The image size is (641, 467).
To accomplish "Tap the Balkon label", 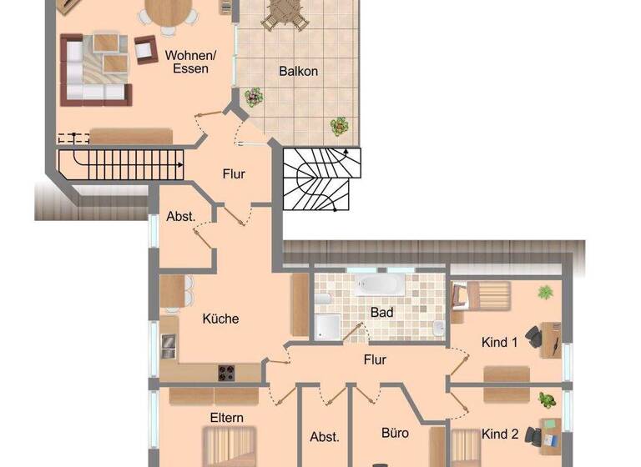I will point(298,71).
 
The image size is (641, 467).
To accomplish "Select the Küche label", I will point(220,319).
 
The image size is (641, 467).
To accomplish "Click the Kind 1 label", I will point(500,342).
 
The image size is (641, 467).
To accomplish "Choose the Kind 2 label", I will point(500,434).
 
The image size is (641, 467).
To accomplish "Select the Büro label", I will point(395,434).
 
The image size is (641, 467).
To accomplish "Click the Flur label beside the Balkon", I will point(235,174).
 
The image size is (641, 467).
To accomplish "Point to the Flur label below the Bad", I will point(375,360).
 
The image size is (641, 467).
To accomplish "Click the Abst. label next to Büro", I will point(325,436).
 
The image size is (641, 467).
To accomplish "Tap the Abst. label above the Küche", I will point(181,216).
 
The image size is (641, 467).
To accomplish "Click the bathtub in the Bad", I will point(381,285).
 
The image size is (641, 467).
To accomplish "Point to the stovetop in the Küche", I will point(226,372).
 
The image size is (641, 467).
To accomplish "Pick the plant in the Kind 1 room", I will point(545,292).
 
